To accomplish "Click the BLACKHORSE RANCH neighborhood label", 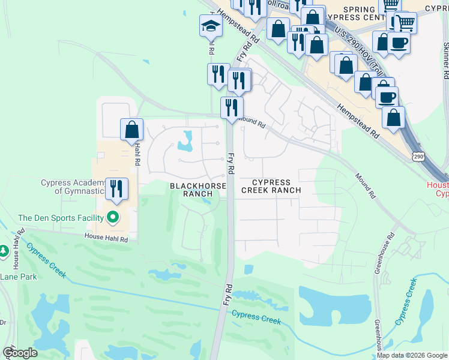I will pos(197,190).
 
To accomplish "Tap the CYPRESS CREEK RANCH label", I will pos(270,186).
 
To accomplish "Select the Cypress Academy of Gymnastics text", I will pos(73,187).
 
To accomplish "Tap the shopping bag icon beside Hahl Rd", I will pos(131,130).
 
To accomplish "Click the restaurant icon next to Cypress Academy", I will pos(116,188).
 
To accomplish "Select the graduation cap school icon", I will pos(211,26).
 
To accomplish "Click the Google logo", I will pos(20,353).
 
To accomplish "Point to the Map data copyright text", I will pos(412,355).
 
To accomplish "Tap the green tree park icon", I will pos(3,251).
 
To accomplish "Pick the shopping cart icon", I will pos(405,23).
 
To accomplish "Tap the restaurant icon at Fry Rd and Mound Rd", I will pos(231,109).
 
